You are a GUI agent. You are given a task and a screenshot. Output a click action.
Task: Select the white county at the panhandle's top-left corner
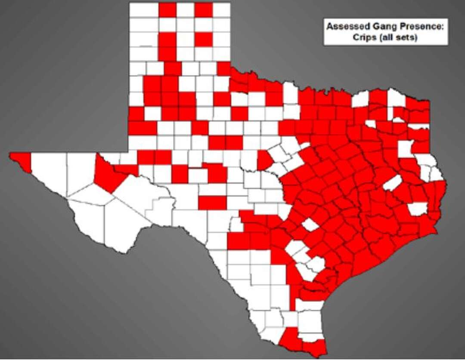[x=144, y=10]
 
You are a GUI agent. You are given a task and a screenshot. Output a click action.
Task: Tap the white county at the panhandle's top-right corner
[x=221, y=10]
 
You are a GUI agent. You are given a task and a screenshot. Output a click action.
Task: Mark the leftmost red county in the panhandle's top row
[x=167, y=10]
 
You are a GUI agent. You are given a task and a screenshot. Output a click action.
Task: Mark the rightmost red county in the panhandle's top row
[x=203, y=10]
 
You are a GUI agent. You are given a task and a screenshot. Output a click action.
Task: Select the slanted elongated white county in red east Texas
[x=392, y=183]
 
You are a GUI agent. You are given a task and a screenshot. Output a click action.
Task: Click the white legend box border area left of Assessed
[x=326, y=32]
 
